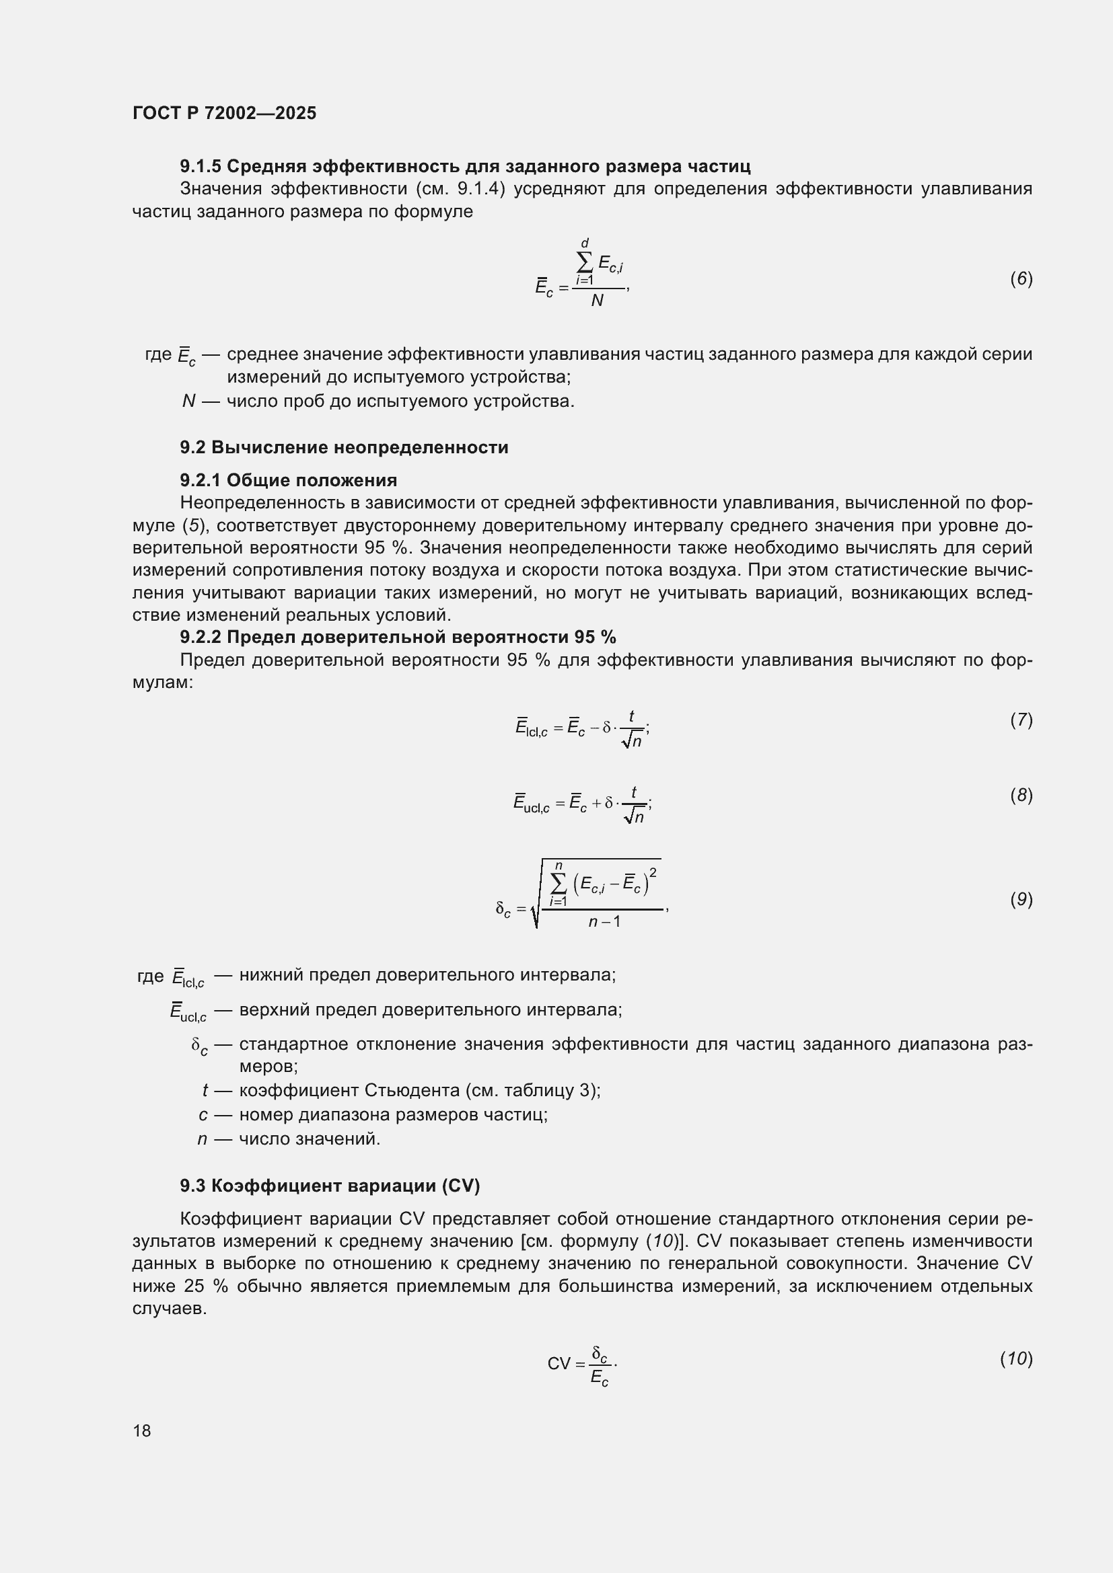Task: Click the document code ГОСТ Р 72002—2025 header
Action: [224, 113]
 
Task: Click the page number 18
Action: [142, 1430]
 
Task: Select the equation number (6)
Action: [1021, 278]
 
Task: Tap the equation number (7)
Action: [1021, 720]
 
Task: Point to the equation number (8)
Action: [1021, 795]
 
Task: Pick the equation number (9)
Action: [1021, 899]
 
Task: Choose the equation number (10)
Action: [1016, 1358]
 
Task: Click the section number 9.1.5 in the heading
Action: [200, 166]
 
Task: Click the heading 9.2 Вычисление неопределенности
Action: [344, 447]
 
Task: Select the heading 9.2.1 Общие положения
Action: [289, 479]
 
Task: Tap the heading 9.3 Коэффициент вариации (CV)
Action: [330, 1185]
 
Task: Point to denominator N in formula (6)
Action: [597, 301]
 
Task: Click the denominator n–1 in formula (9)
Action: [604, 921]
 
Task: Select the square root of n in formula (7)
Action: [632, 740]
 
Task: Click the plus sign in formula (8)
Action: [596, 803]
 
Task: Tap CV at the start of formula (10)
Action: [559, 1363]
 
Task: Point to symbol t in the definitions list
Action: [205, 1090]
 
